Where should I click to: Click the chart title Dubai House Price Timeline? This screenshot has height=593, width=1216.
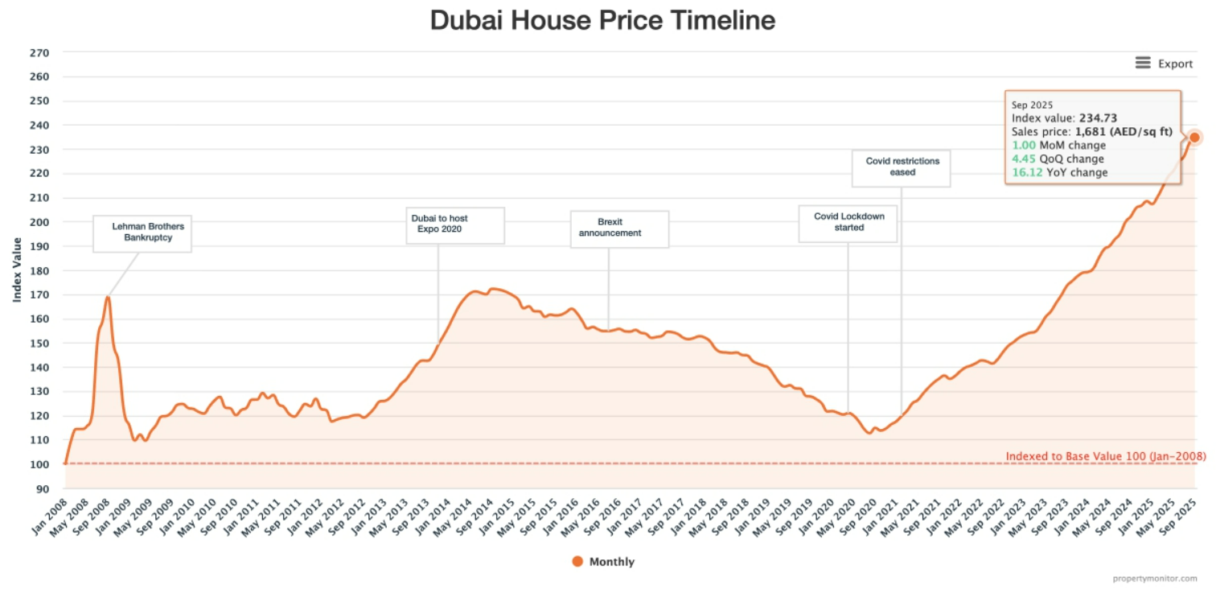pyautogui.click(x=602, y=20)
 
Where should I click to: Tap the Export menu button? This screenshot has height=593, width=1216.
pyautogui.click(x=1164, y=64)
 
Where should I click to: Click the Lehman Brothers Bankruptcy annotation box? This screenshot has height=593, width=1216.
pyautogui.click(x=142, y=233)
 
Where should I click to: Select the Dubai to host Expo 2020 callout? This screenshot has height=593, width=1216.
pyautogui.click(x=454, y=224)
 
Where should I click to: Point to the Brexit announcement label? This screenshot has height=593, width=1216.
pyautogui.click(x=618, y=229)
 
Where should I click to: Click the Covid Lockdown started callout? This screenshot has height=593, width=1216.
pyautogui.click(x=847, y=223)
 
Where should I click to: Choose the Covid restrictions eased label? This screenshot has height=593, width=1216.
pyautogui.click(x=902, y=167)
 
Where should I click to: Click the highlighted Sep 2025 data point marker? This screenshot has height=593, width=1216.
pyautogui.click(x=1194, y=138)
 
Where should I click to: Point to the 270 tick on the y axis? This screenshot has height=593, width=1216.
pyautogui.click(x=39, y=53)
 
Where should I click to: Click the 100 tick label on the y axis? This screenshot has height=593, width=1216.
pyautogui.click(x=39, y=464)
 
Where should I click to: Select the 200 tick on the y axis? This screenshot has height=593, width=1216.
pyautogui.click(x=39, y=222)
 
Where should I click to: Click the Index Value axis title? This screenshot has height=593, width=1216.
pyautogui.click(x=17, y=270)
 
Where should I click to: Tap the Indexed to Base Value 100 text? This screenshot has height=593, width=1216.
pyautogui.click(x=1105, y=456)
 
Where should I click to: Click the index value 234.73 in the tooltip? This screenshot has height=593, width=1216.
pyautogui.click(x=1098, y=118)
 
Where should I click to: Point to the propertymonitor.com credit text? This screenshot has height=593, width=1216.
pyautogui.click(x=1155, y=579)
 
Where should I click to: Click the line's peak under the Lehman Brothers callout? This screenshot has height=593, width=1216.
pyautogui.click(x=107, y=298)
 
